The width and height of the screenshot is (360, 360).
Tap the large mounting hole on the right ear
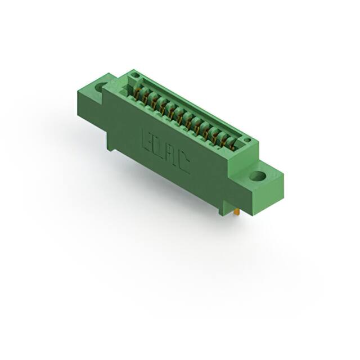coord(258,175)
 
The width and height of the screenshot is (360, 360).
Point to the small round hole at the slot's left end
coord(134,75)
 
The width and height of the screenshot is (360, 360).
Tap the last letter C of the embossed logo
coord(186,164)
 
